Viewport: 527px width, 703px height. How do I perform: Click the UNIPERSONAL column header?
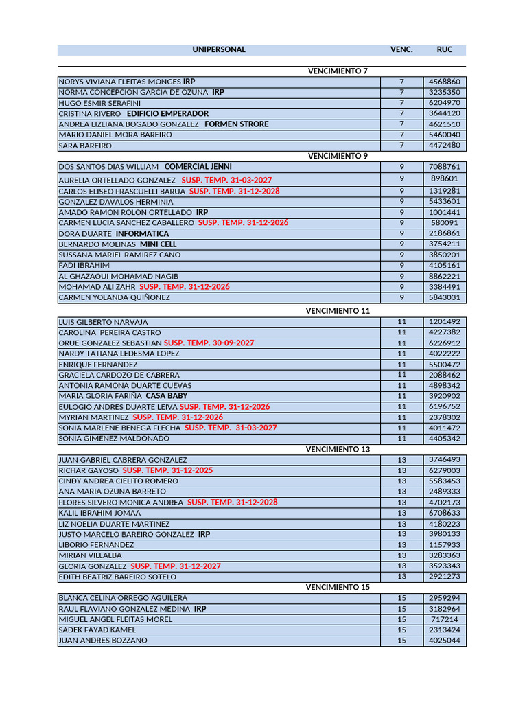click(x=219, y=50)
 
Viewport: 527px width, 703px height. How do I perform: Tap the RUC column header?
click(x=444, y=50)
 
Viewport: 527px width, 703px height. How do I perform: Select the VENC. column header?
click(x=401, y=50)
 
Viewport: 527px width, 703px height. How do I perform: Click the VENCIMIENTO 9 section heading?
click(x=338, y=156)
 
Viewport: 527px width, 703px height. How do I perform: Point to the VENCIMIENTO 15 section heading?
click(x=338, y=588)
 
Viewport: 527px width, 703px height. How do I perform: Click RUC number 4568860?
click(x=444, y=82)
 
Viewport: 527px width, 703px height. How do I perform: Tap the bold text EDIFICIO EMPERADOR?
click(x=167, y=113)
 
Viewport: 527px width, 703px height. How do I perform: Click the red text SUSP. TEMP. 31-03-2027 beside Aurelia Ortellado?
click(x=226, y=180)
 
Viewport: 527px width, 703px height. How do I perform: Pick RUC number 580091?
click(x=444, y=223)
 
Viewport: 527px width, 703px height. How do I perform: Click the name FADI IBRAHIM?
click(x=84, y=265)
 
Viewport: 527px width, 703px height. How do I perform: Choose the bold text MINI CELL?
click(x=158, y=244)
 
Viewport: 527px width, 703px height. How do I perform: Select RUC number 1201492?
click(x=444, y=322)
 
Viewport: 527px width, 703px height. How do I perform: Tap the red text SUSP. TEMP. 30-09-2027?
click(x=209, y=343)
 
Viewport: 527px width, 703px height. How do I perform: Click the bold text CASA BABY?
click(x=166, y=396)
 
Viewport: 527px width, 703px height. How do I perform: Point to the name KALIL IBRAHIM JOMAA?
click(x=99, y=513)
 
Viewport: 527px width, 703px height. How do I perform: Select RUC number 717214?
click(x=444, y=619)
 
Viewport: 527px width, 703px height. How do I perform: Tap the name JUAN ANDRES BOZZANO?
click(x=102, y=641)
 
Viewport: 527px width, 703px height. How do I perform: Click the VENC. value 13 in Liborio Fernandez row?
click(x=402, y=545)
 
